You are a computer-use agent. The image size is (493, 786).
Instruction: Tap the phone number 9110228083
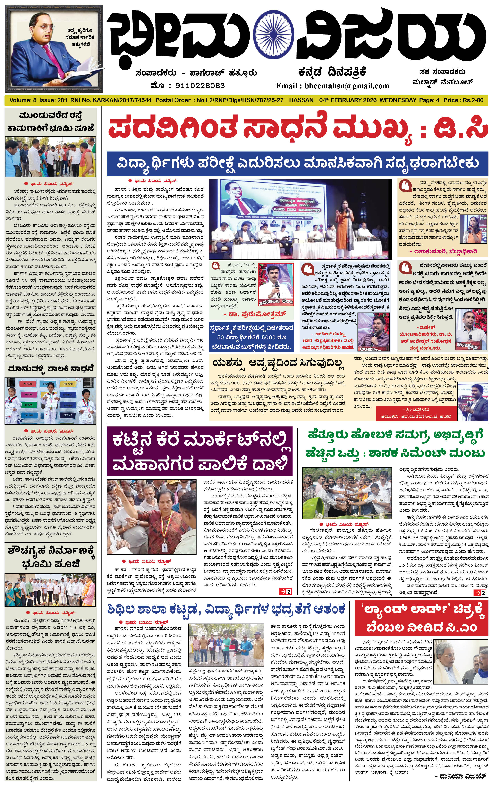point(200,86)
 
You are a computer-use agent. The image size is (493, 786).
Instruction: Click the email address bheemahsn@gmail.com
point(347,86)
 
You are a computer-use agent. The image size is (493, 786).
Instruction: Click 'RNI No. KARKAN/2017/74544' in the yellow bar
point(111,100)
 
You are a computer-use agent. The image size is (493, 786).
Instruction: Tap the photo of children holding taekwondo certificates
point(50,401)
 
